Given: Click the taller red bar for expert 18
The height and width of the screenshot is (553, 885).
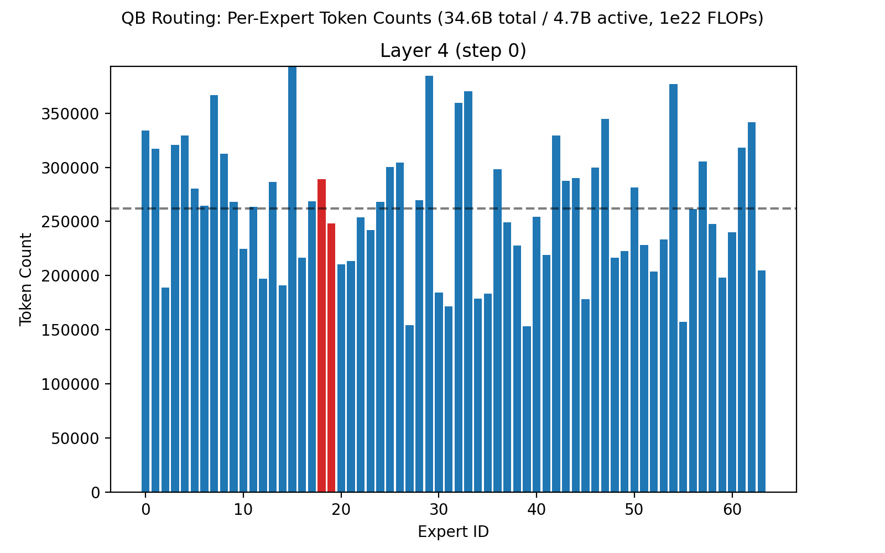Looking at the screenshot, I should click(321, 336).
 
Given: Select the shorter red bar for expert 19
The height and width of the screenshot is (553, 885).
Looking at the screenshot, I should click(331, 358).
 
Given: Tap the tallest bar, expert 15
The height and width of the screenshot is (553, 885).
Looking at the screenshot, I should click(292, 279).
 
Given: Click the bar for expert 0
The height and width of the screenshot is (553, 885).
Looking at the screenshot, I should click(145, 311).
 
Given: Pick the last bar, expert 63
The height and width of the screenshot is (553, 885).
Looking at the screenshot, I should click(762, 381).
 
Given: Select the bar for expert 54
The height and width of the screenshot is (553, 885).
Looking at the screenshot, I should click(673, 288).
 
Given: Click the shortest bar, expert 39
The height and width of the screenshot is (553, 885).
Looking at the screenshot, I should click(527, 409).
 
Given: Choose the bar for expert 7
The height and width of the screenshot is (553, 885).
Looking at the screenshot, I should click(214, 294).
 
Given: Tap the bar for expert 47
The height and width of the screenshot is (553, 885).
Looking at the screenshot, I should click(605, 305).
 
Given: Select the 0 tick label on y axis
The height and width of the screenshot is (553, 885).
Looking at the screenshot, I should click(96, 492).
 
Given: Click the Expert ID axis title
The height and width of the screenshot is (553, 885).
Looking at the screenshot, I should click(453, 532).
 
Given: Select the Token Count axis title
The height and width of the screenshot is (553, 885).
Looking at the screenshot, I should click(25, 279).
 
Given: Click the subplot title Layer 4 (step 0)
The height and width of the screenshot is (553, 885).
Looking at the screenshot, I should click(453, 51).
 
